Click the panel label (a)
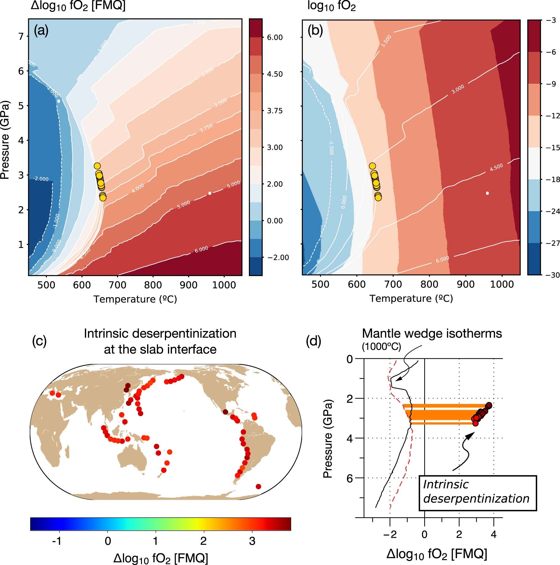41,31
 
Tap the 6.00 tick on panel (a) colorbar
275,37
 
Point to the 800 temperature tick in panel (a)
153,285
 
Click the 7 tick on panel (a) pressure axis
21,36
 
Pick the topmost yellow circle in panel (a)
97,166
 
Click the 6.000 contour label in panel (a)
201,249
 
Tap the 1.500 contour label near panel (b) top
386,41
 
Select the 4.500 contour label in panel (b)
496,167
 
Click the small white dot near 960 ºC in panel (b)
487,193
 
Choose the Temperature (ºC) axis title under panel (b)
411,298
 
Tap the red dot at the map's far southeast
258,486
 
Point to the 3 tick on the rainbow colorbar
252,541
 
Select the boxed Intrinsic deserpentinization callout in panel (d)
477,492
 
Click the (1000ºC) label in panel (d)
381,347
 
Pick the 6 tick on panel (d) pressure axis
349,478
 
